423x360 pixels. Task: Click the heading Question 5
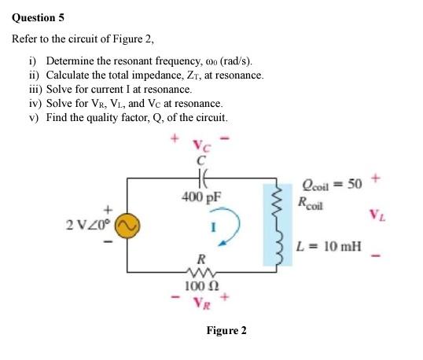click(x=38, y=13)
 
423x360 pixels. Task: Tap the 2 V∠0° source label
click(x=87, y=225)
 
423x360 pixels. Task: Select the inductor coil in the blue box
click(x=277, y=227)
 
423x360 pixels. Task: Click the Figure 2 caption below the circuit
click(x=226, y=330)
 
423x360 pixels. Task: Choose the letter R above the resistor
click(x=203, y=257)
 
